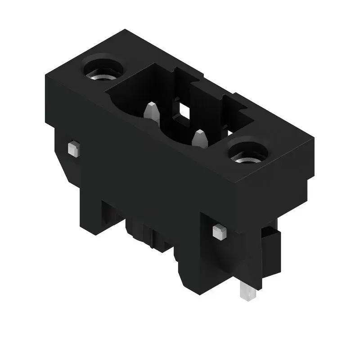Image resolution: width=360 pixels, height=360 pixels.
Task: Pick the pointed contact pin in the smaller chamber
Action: pyautogui.click(x=199, y=138)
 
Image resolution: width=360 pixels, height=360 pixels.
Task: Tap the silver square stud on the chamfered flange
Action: pyautogui.click(x=73, y=148)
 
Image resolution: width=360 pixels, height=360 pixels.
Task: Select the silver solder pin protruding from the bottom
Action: pyautogui.click(x=248, y=292)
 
